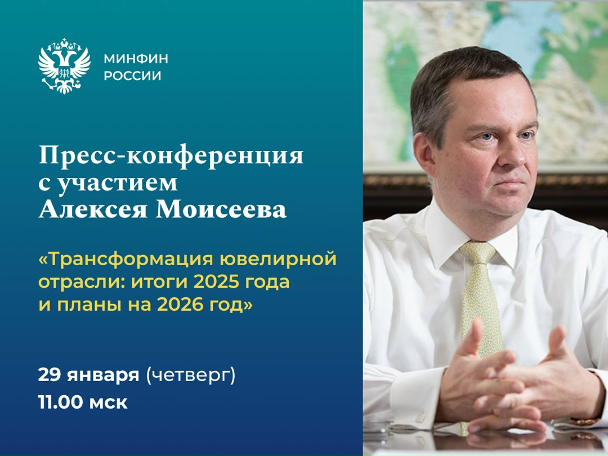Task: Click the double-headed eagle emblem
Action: (x=64, y=66)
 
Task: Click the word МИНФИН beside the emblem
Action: (x=136, y=59)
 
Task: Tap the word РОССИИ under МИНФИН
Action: (x=133, y=75)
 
